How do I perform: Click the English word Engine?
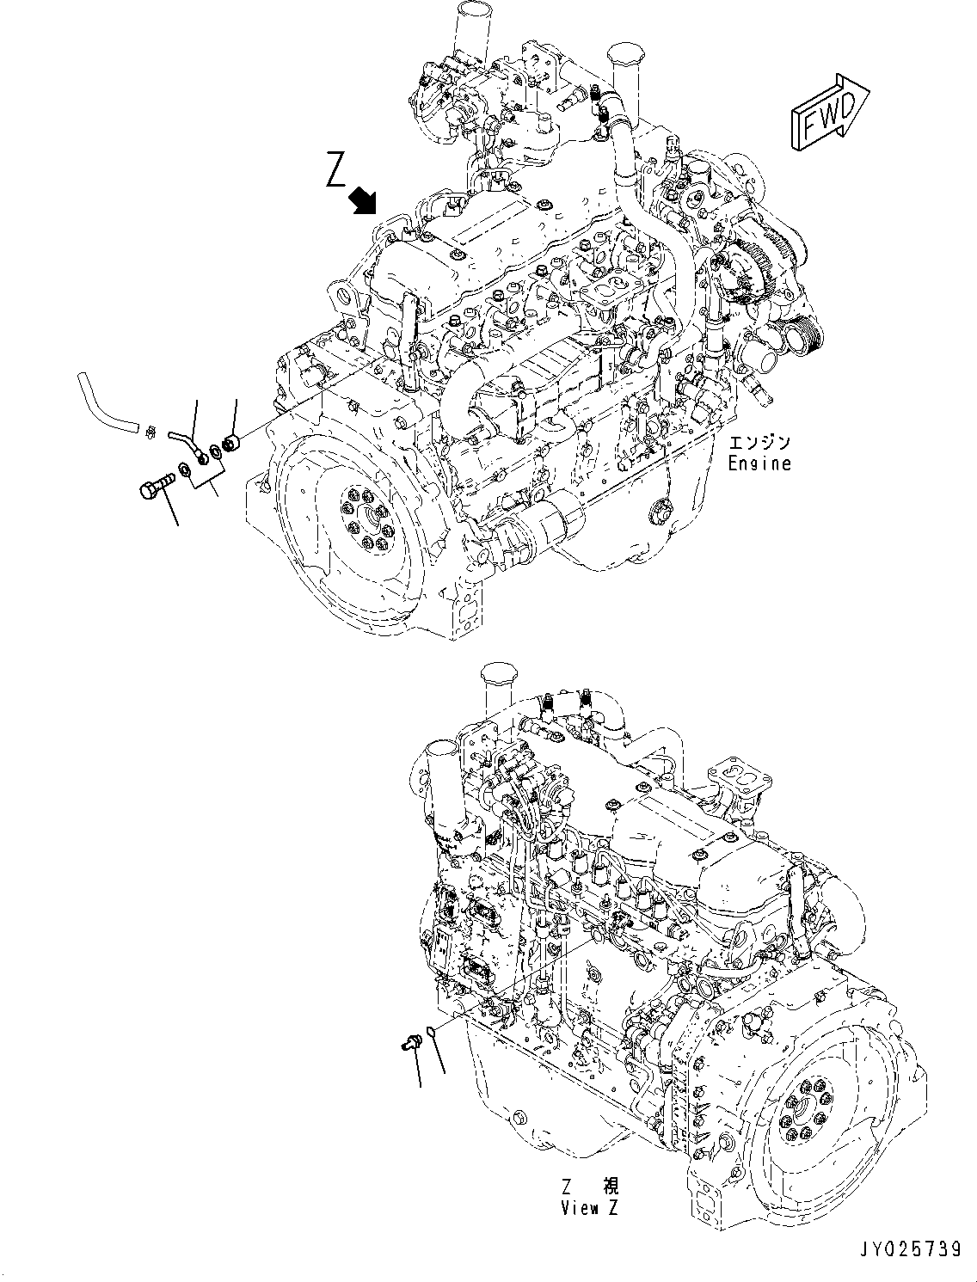pos(759,463)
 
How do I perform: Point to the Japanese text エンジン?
pos(759,444)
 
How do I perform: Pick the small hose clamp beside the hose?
pos(151,429)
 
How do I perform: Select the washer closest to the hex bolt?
pos(184,471)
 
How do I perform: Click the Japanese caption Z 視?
pos(589,1187)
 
